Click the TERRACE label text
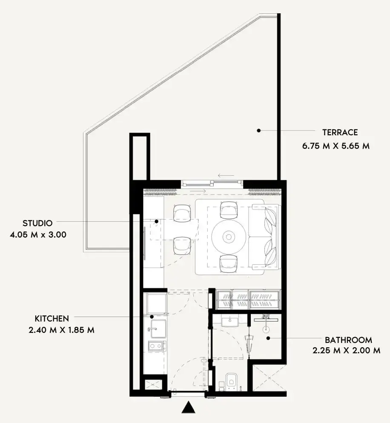pyautogui.click(x=340, y=132)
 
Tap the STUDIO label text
pyautogui.click(x=37, y=223)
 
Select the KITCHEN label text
pyautogui.click(x=52, y=319)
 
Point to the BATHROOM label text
pyautogui.click(x=348, y=340)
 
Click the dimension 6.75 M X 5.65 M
pyautogui.click(x=336, y=146)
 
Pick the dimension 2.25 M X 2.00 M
pyautogui.click(x=347, y=350)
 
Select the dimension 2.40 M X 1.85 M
pyautogui.click(x=62, y=330)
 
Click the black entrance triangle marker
pyautogui.click(x=188, y=407)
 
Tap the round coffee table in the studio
pyautogui.click(x=229, y=237)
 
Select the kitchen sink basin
pyautogui.click(x=158, y=329)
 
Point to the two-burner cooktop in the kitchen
pyautogui.click(x=157, y=346)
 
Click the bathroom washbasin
pyautogui.click(x=229, y=322)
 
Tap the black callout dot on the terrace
pyautogui.click(x=258, y=131)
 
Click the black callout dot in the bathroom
pyautogui.click(x=268, y=338)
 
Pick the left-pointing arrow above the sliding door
pyautogui.click(x=226, y=176)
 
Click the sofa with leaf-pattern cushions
pyautogui.click(x=265, y=237)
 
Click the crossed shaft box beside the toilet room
pyautogui.click(x=270, y=378)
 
